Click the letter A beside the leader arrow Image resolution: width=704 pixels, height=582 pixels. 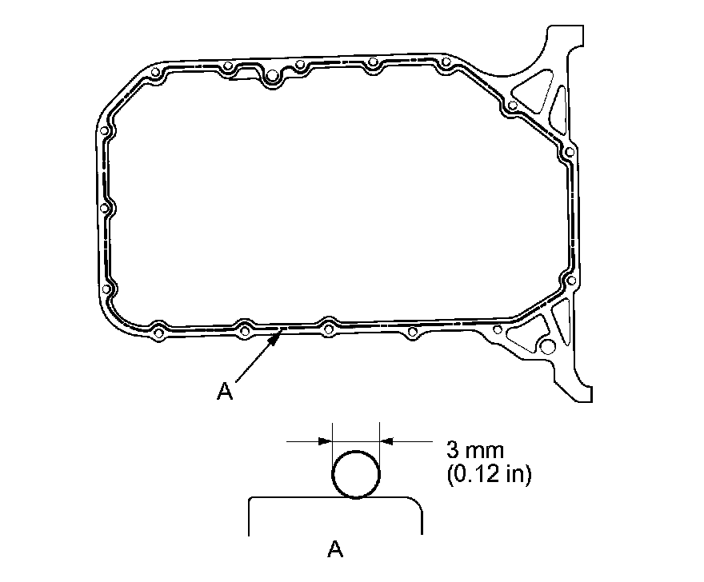[225, 390]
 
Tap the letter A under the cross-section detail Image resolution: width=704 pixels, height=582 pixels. [335, 548]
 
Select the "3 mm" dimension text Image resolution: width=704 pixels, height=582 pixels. [475, 449]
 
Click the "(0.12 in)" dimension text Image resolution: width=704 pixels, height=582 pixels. [489, 474]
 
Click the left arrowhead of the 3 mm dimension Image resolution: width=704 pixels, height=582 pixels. [325, 441]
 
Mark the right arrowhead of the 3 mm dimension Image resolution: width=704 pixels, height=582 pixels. [386, 441]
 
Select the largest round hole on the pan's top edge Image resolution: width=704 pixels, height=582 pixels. [272, 76]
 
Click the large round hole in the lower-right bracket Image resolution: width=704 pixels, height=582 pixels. [547, 346]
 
